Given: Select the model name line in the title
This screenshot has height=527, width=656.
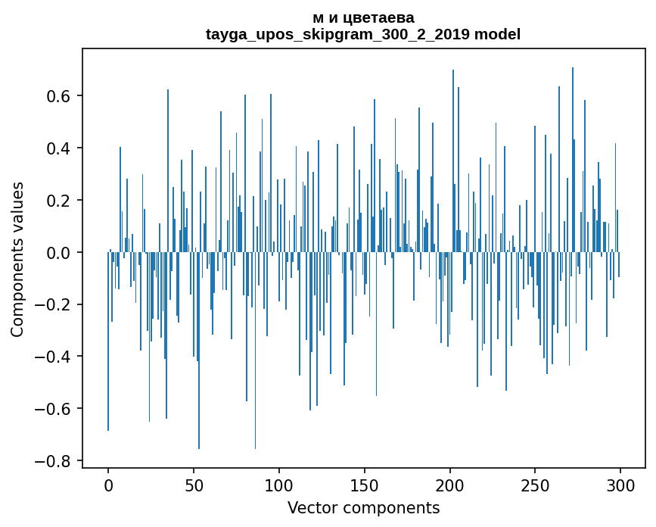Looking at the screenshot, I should click(x=362, y=34).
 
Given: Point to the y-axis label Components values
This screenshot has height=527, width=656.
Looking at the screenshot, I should click(x=17, y=259).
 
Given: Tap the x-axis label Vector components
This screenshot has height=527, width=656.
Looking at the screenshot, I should click(x=363, y=507).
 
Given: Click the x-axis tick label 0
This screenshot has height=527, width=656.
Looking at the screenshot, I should click(x=108, y=484).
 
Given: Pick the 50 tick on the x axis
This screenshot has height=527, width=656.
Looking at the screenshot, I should click(x=194, y=484).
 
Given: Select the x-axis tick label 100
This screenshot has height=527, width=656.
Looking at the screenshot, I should click(x=279, y=484).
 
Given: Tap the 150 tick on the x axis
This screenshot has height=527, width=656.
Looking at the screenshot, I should click(x=365, y=484).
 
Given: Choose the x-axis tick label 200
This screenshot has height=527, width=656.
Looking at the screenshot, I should click(x=450, y=484).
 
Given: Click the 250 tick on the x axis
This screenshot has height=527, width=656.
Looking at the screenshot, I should click(x=535, y=484).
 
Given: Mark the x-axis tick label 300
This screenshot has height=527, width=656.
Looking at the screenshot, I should click(x=620, y=484).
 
